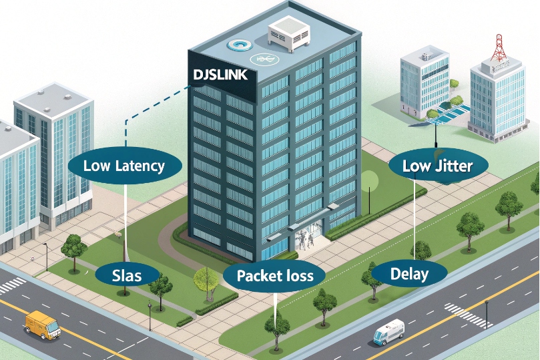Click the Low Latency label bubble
coord(125,166)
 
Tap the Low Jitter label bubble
coord(437,166)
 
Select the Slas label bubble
coord(127,275)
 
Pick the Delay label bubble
coord(409,273)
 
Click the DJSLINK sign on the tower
coord(220,75)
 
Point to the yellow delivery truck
coord(42,324)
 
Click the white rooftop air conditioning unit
coord(289,35)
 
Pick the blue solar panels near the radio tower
coord(449,111)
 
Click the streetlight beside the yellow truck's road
coord(45,254)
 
